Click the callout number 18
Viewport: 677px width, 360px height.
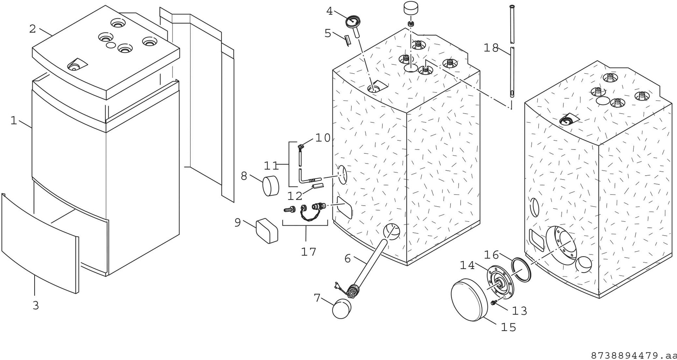tap(490, 48)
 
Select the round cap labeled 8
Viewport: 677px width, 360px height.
tap(270, 186)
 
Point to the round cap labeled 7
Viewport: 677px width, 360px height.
tap(342, 309)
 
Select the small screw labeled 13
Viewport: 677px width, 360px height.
tap(494, 303)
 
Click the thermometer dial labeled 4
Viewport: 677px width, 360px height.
tap(352, 22)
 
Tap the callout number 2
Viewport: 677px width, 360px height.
tap(33, 29)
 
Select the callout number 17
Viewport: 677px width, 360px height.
tap(308, 252)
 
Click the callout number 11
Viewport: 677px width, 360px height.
tap(271, 165)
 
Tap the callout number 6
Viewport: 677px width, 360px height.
tap(348, 259)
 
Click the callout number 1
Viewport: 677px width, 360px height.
tap(14, 121)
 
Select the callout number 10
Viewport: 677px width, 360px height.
tap(322, 138)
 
